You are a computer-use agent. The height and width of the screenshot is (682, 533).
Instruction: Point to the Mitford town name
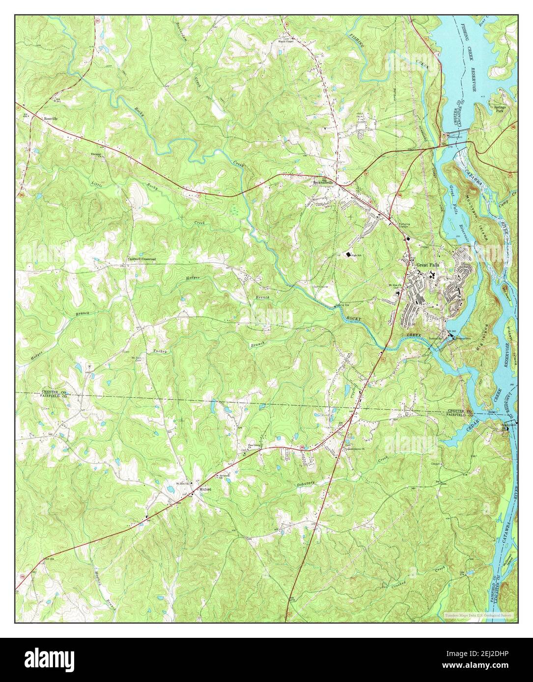205,489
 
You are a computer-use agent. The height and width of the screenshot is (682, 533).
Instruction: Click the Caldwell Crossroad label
139,259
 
